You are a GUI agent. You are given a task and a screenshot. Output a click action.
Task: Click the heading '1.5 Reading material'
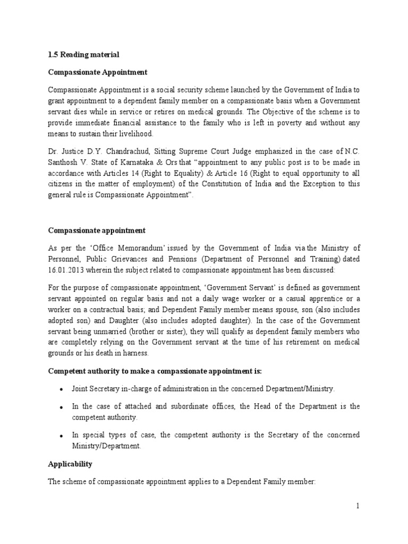coord(83,55)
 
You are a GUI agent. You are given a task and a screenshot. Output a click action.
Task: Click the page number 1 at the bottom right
coord(358,506)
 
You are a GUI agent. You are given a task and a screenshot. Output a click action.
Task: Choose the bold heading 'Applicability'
coord(70,464)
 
